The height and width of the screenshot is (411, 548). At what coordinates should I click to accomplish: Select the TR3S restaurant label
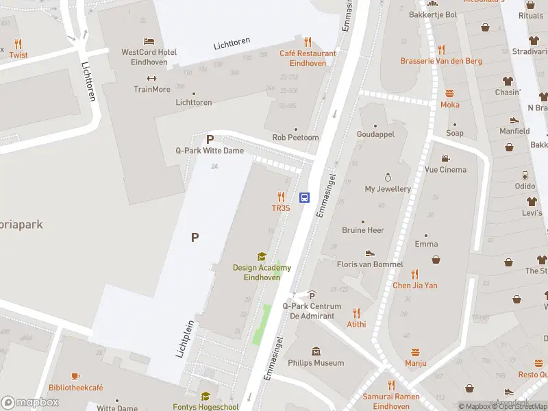pyautogui.click(x=281, y=208)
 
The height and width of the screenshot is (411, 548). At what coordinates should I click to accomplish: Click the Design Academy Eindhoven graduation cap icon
pyautogui.click(x=261, y=257)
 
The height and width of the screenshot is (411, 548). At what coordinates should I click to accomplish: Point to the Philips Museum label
pyautogui.click(x=316, y=362)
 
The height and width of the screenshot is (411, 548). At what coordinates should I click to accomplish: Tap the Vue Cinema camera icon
pyautogui.click(x=445, y=158)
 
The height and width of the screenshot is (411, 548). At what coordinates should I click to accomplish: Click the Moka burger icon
pyautogui.click(x=450, y=93)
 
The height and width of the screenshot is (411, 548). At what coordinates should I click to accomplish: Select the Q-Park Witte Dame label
pyautogui.click(x=210, y=150)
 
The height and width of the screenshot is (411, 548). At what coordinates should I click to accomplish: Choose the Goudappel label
pyautogui.click(x=375, y=134)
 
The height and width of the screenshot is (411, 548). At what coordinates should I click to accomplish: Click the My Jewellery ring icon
pyautogui.click(x=388, y=177)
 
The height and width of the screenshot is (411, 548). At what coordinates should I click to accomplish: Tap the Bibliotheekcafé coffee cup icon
pyautogui.click(x=75, y=376)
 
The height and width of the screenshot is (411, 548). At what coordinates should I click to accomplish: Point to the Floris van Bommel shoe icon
pyautogui.click(x=370, y=253)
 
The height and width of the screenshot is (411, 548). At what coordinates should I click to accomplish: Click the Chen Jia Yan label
pyautogui.click(x=414, y=285)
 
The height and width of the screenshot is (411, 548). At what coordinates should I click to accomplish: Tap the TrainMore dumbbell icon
pyautogui.click(x=152, y=78)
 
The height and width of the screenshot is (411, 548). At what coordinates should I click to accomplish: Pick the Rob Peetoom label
pyautogui.click(x=295, y=137)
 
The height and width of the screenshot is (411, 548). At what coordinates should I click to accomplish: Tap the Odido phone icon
pyautogui.click(x=525, y=175)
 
